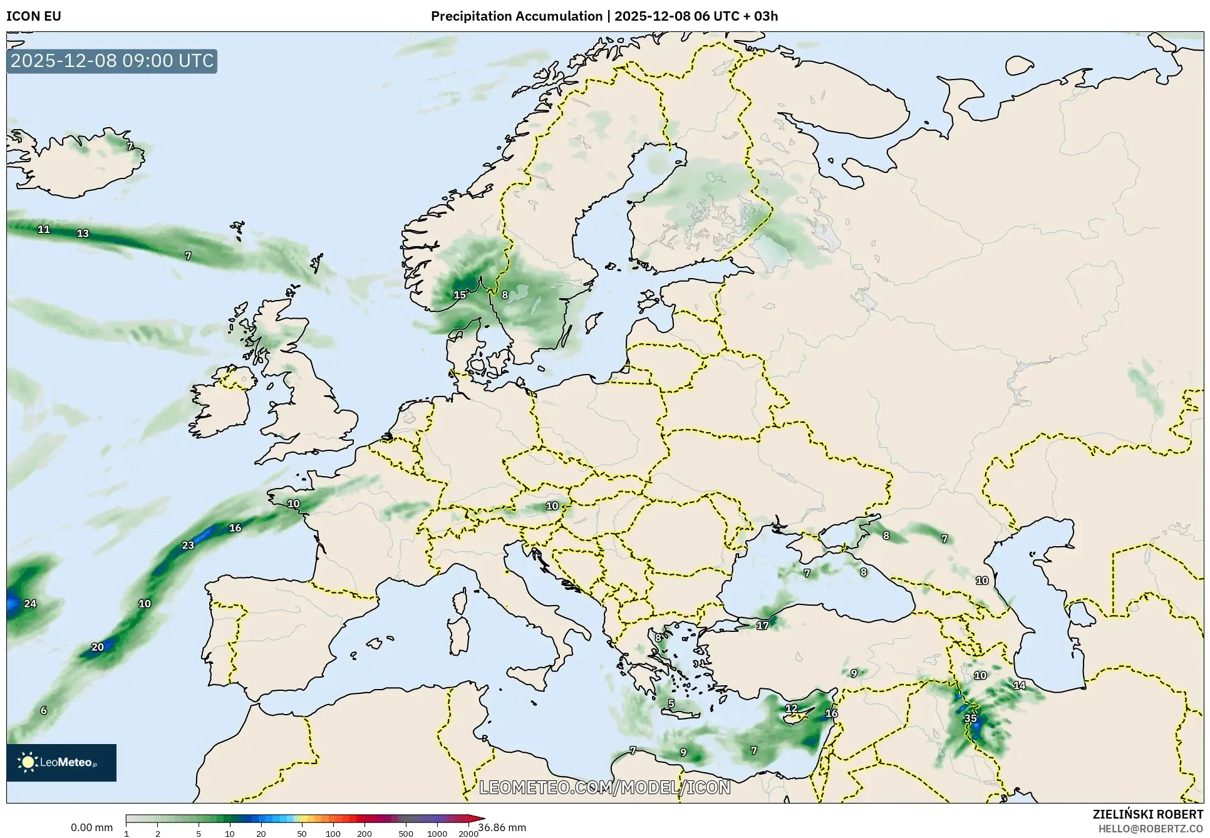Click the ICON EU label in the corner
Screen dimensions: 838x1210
pyautogui.click(x=34, y=16)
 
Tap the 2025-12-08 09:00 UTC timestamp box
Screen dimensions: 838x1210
pyautogui.click(x=112, y=61)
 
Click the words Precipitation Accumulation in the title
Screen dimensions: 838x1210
pyautogui.click(x=516, y=16)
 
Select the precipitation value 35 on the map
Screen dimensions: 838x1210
pyautogui.click(x=970, y=718)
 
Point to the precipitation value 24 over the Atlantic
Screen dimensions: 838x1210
pyautogui.click(x=30, y=604)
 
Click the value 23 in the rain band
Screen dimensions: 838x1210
pyautogui.click(x=188, y=546)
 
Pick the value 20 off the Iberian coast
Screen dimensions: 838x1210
pyautogui.click(x=98, y=647)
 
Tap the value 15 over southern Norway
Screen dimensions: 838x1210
pyautogui.click(x=460, y=295)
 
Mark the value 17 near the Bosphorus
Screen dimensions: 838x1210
pyautogui.click(x=762, y=626)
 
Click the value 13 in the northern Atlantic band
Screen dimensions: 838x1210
pyautogui.click(x=83, y=234)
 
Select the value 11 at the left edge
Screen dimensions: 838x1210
pyautogui.click(x=44, y=229)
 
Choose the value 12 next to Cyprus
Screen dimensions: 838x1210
pyautogui.click(x=792, y=708)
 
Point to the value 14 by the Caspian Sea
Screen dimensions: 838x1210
pyautogui.click(x=1020, y=685)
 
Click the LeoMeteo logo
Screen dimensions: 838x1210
pyautogui.click(x=61, y=762)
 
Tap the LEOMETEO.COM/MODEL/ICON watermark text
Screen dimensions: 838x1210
pyautogui.click(x=605, y=787)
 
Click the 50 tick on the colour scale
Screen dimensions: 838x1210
pyautogui.click(x=302, y=834)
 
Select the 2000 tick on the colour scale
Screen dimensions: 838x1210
pyautogui.click(x=468, y=834)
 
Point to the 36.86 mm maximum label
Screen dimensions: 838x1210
pyautogui.click(x=502, y=828)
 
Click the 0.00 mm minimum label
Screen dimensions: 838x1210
pyautogui.click(x=91, y=828)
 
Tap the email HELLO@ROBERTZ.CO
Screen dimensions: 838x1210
pyautogui.click(x=1151, y=829)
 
